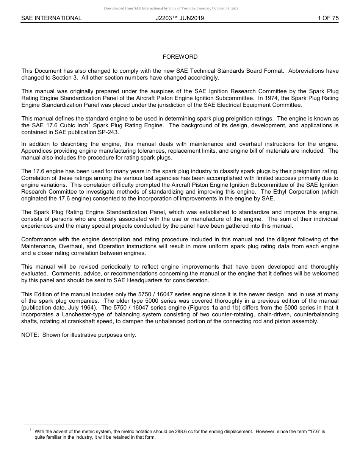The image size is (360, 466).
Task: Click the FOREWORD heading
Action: click(180, 57)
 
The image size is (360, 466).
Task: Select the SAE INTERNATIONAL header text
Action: click(51, 18)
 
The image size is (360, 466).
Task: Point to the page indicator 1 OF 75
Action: click(328, 18)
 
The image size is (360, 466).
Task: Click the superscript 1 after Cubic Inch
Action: click(89, 123)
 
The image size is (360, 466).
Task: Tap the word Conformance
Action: click(38, 239)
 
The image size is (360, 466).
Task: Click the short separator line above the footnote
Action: click(66, 425)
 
